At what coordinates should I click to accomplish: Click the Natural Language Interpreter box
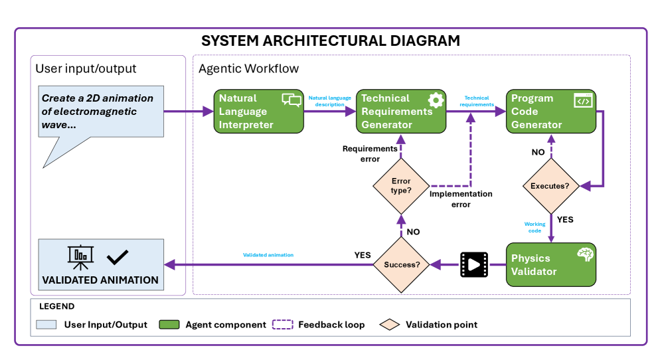[x=258, y=111]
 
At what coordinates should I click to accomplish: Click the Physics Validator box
[x=550, y=264]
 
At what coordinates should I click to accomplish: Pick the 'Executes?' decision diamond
[x=550, y=186]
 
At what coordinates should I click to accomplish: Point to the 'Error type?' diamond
[x=400, y=186]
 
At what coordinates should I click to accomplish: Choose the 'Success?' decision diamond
[x=401, y=264]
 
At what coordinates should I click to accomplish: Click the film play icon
[x=473, y=264]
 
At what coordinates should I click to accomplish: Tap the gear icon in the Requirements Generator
[x=435, y=100]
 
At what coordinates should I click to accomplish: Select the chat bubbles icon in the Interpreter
[x=291, y=100]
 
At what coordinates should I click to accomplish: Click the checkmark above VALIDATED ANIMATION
[x=118, y=256]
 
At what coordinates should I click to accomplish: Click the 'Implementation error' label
[x=461, y=199]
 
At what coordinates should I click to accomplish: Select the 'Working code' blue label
[x=535, y=227]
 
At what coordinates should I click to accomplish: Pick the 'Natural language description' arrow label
[x=330, y=101]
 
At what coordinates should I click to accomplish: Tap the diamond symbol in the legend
[x=390, y=325]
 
